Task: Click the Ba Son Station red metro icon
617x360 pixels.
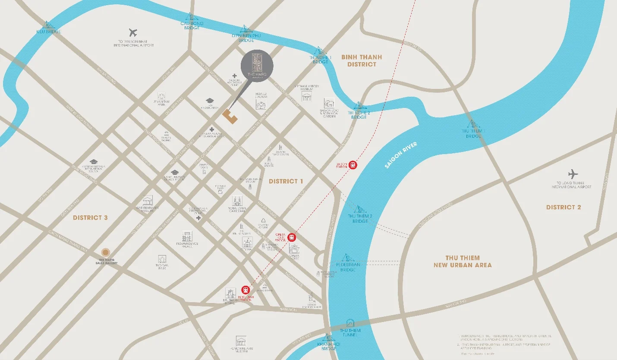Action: click(353, 164)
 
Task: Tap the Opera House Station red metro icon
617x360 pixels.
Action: click(292, 237)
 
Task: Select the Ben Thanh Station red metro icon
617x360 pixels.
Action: click(246, 289)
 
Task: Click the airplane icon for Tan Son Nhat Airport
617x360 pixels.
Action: click(133, 32)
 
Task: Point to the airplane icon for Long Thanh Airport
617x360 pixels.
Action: click(573, 174)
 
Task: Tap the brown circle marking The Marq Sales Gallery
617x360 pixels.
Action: click(105, 252)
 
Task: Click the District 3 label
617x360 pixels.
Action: click(90, 218)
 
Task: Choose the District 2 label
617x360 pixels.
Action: click(563, 207)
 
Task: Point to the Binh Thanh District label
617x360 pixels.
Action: click(362, 60)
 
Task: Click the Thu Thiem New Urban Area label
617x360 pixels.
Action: click(463, 262)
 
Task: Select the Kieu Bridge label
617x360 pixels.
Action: click(48, 32)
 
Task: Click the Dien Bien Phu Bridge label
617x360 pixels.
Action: click(246, 38)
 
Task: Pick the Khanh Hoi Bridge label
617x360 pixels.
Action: click(329, 346)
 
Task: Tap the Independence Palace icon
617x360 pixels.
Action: click(187, 236)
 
